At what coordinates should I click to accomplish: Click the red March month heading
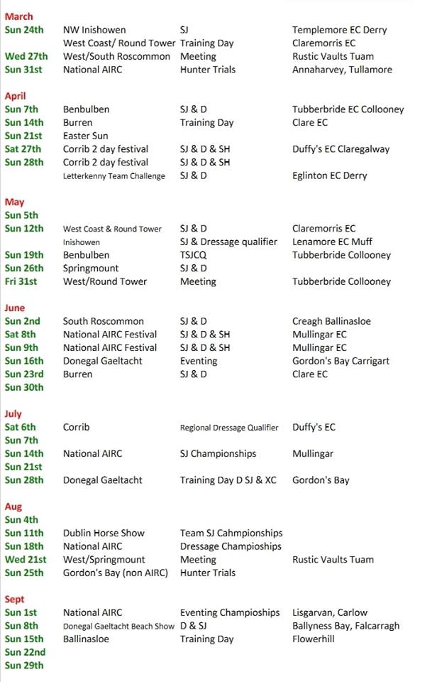[18, 16]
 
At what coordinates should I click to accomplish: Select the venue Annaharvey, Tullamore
[341, 70]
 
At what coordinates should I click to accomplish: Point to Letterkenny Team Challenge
[114, 176]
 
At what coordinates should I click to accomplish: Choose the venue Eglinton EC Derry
[330, 175]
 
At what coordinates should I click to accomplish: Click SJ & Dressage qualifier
[228, 242]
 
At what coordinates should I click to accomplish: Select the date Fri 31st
[23, 281]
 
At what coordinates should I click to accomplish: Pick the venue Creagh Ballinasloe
[331, 321]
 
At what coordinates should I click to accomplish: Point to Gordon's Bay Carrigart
[341, 361]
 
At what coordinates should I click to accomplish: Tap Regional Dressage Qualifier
[232, 428]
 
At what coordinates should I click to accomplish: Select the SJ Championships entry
[218, 453]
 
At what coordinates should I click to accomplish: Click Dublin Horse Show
[104, 533]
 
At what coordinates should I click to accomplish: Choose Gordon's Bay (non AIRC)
[116, 573]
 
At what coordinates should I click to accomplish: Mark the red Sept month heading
[14, 600]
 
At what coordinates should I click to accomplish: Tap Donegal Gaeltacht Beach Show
[118, 626]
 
